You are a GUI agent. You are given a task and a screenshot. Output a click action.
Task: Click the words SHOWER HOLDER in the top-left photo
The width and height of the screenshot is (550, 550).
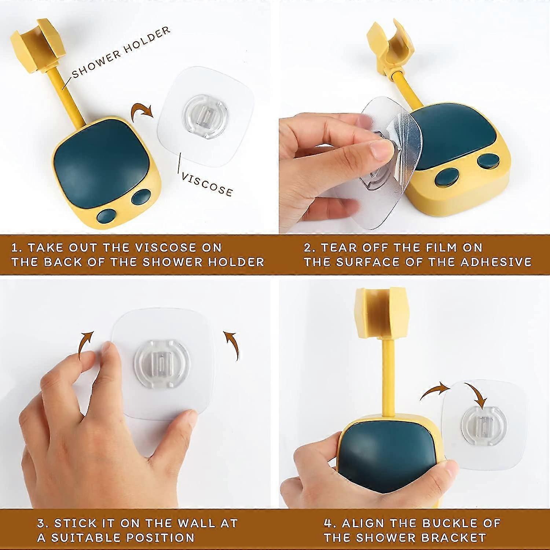(x=121, y=52)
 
